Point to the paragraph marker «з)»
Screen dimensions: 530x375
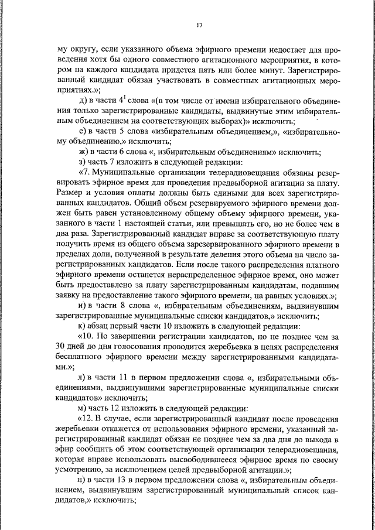[x=83, y=162]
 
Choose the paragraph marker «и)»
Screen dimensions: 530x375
[x=83, y=305]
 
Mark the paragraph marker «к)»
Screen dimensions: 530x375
[x=83, y=325]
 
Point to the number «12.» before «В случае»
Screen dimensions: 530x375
[x=87, y=418]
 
